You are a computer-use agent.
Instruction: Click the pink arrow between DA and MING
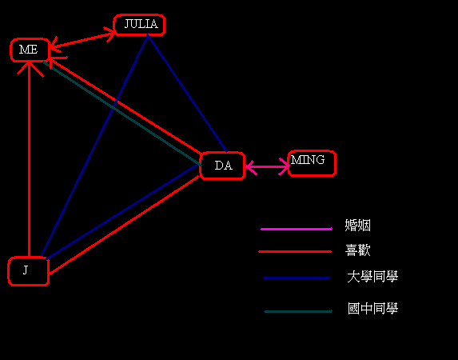click(267, 166)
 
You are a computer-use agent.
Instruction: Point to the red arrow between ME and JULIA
click(82, 39)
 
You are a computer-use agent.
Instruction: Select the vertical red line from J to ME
click(29, 159)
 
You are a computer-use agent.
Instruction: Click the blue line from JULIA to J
click(94, 146)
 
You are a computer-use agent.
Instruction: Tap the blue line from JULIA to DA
click(187, 94)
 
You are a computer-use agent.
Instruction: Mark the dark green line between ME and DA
click(122, 114)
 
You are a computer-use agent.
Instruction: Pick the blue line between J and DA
click(122, 212)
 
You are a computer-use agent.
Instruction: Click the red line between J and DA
click(124, 225)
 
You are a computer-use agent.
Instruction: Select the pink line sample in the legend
click(297, 229)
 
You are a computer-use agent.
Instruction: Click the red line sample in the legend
click(295, 251)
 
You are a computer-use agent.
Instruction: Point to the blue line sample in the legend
click(297, 278)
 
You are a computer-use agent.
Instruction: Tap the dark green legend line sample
click(298, 311)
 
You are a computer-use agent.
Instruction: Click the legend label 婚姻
click(357, 226)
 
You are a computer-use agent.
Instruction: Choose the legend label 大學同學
click(372, 277)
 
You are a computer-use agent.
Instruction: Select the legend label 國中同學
click(372, 309)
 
